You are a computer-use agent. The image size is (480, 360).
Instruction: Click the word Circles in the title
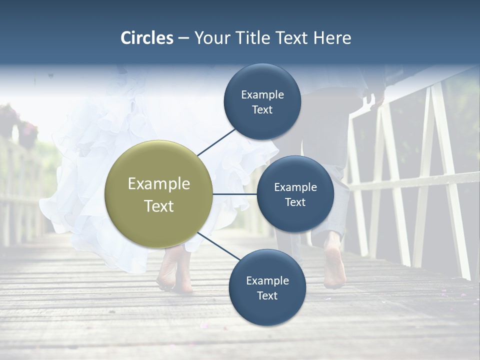coord(146,38)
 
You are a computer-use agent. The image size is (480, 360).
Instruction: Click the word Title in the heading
coord(252,38)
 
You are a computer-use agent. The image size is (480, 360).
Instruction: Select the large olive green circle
coord(158,194)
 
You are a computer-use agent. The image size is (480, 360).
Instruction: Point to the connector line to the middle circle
coord(235,194)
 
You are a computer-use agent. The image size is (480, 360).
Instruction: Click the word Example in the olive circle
coord(158,183)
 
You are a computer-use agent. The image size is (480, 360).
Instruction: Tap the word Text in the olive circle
coord(158,206)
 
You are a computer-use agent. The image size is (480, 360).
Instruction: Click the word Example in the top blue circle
coord(262,94)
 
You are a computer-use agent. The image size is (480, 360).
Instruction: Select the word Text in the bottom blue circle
coord(267,295)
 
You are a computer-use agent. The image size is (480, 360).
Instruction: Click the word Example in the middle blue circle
coord(295,187)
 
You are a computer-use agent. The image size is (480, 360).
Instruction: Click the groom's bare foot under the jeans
coord(334,265)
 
